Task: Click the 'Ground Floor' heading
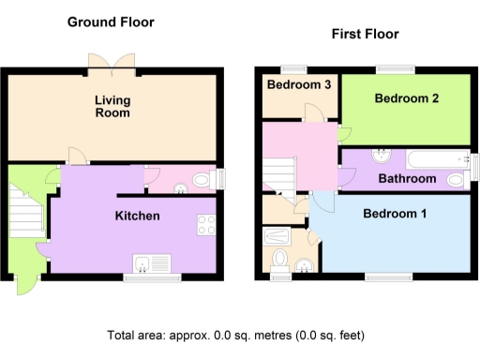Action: (111, 22)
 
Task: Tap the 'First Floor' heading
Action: (365, 34)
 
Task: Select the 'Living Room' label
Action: (112, 106)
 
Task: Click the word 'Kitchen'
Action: (137, 217)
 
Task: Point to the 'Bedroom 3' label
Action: (299, 84)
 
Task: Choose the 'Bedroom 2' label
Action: (407, 97)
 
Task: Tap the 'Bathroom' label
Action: (407, 178)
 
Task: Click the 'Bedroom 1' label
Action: (395, 214)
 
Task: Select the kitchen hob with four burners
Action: (207, 225)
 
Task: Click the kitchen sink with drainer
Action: (151, 263)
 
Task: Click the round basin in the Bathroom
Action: (382, 156)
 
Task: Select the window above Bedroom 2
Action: (395, 68)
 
